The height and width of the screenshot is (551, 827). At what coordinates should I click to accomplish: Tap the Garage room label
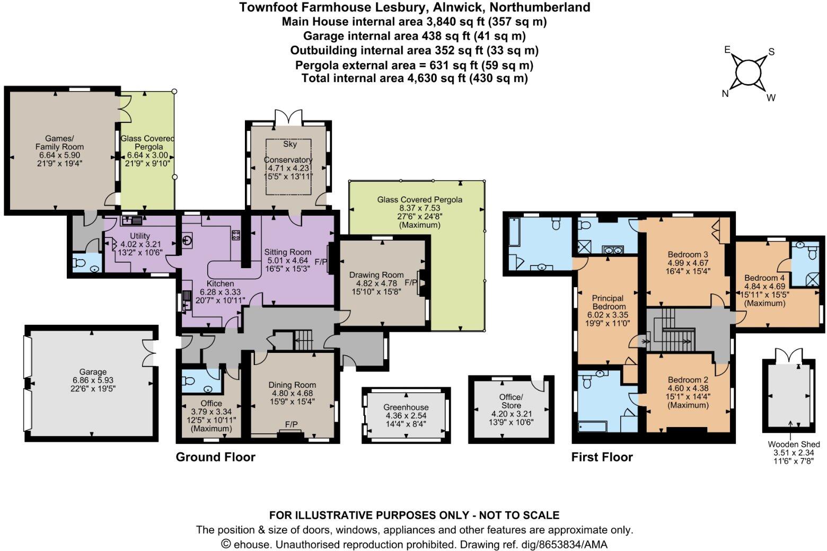[93, 372]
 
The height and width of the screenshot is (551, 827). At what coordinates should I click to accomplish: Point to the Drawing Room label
[376, 275]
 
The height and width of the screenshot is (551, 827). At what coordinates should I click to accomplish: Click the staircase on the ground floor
[304, 340]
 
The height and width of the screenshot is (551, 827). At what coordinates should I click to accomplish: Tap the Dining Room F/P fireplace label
[291, 424]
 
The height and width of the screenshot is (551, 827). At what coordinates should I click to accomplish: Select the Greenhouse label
[406, 407]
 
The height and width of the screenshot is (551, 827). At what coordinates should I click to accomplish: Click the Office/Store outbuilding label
[511, 401]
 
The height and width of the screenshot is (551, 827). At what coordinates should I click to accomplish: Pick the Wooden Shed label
[794, 445]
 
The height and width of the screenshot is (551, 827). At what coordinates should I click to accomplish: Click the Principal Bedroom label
[609, 303]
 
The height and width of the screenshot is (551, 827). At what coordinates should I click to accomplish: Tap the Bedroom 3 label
[688, 254]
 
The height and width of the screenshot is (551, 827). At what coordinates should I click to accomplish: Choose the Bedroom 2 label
[688, 380]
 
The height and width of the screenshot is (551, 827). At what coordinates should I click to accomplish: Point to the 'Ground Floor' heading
[215, 457]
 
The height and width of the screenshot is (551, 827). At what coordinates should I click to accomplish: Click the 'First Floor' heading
[602, 457]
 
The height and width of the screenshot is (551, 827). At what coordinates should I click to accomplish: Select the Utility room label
[140, 236]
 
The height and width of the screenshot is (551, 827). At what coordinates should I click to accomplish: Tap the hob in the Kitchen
[235, 236]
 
